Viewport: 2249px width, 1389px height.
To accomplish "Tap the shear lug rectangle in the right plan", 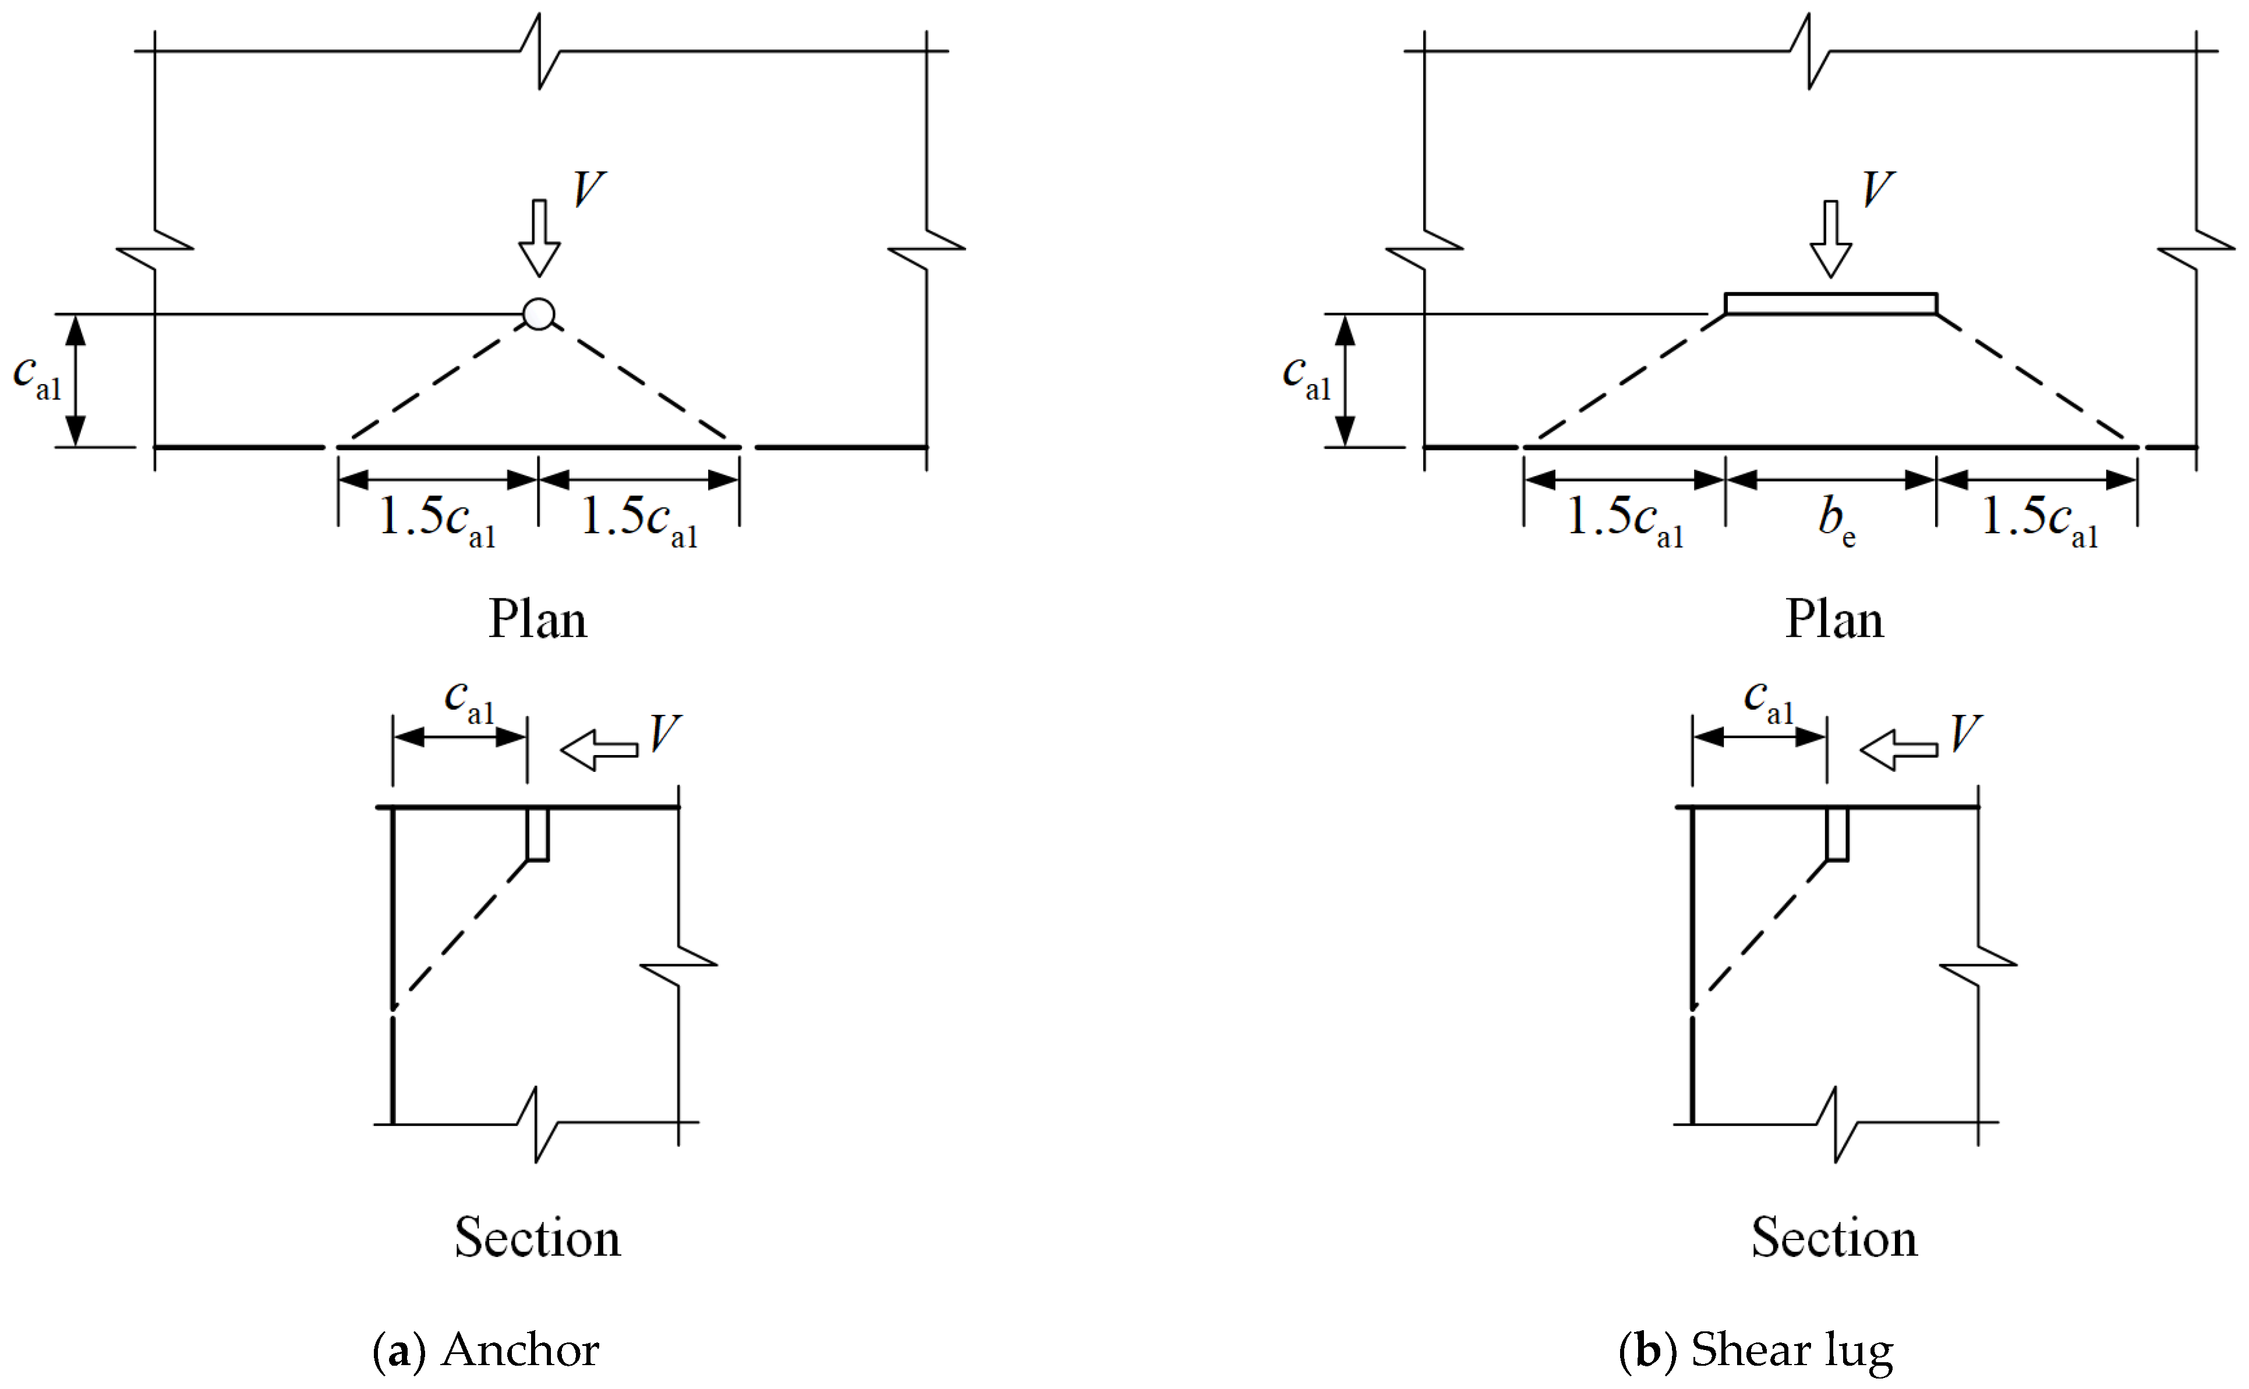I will pos(1830,303).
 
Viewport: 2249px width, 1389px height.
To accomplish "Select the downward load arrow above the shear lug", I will pos(1830,238).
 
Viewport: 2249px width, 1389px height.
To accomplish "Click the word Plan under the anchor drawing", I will pos(538,619).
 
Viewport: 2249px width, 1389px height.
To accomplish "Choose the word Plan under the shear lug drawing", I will pos(1834,619).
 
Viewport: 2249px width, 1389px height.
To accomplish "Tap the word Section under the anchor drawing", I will pos(538,1238).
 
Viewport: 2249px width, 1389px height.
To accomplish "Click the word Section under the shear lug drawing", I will pos(1834,1238).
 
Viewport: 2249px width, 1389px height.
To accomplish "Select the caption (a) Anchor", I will pos(485,1349).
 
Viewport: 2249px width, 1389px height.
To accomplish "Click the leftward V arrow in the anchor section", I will pos(599,750).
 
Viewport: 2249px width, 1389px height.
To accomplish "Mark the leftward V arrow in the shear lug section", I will pos(1898,750).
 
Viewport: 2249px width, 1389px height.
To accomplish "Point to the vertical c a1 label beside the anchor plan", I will pos(37,377).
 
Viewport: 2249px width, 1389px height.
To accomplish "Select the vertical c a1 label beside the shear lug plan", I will pos(1306,377).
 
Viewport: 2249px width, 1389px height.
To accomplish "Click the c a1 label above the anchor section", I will pos(469,701).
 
